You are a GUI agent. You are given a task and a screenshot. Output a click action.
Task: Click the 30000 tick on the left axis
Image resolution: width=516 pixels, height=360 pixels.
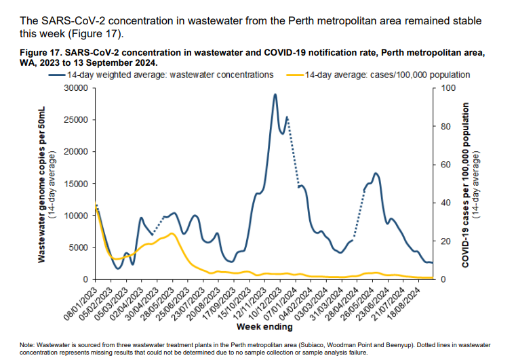tap(77, 88)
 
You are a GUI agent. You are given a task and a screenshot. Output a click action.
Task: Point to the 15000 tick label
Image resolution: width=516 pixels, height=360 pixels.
tap(77, 184)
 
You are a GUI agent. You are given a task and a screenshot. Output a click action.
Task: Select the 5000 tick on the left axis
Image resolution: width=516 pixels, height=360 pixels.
tap(79, 247)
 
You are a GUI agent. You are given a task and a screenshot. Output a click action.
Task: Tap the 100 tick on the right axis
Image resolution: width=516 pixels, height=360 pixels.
tap(447, 88)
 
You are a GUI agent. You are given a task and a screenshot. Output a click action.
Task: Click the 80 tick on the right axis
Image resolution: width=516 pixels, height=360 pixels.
tap(445, 126)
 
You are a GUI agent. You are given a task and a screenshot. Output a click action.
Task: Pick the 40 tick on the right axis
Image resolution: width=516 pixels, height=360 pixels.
tap(445, 203)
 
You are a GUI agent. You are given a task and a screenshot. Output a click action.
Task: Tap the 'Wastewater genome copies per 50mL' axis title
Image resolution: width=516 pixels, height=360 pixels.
tap(41, 184)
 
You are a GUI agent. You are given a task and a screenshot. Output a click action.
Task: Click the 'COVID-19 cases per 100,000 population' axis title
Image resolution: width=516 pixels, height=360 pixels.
tap(466, 184)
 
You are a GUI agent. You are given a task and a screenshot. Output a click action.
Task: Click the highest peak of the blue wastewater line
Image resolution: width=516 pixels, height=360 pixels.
tap(275, 95)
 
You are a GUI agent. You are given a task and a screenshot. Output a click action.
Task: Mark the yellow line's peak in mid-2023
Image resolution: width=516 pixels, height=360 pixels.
tap(172, 233)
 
